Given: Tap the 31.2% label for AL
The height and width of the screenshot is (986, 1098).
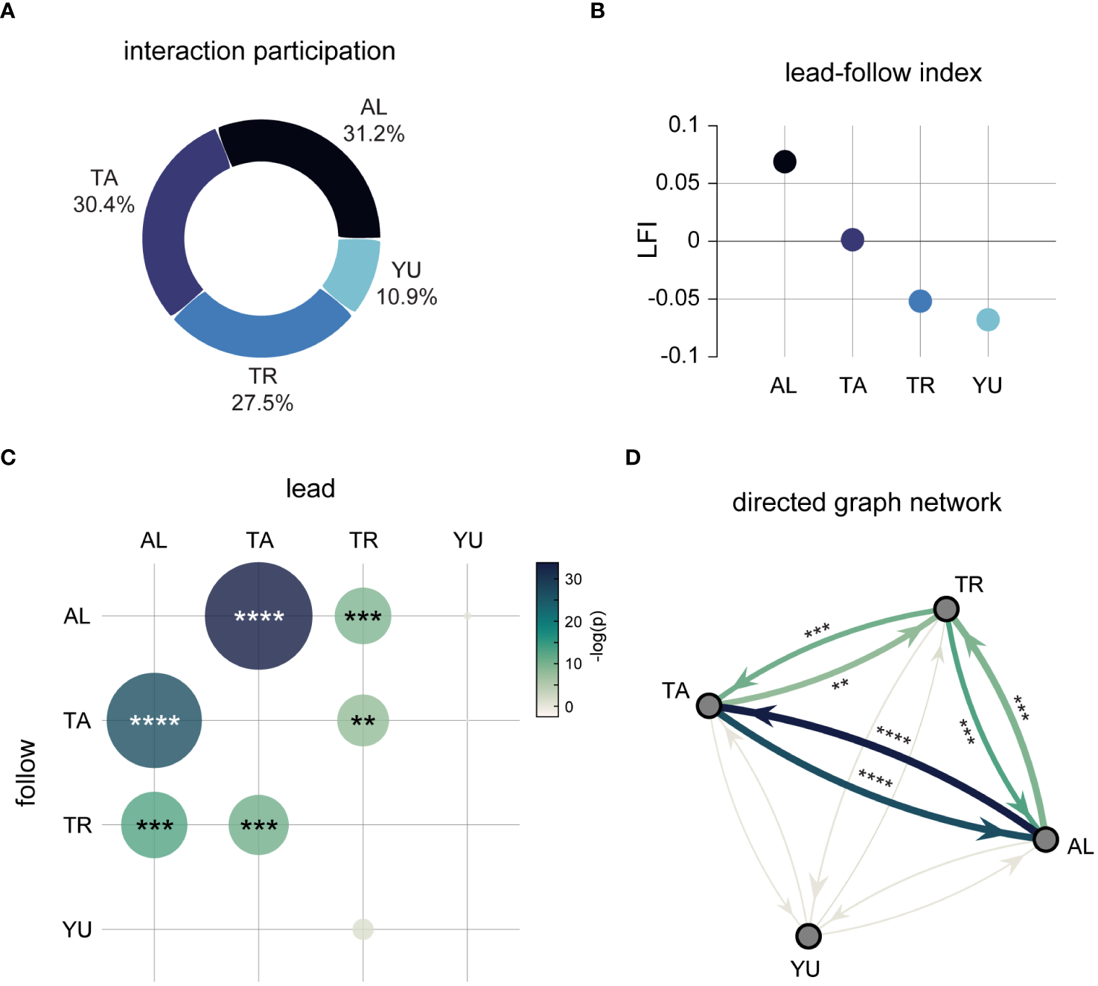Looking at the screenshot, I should point(374,134).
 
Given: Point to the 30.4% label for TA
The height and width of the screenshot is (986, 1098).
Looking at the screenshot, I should point(103,204).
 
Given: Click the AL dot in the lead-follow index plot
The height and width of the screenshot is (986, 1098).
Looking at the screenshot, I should point(785,162).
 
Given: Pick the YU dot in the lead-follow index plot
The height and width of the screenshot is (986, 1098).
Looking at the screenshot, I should point(988,320).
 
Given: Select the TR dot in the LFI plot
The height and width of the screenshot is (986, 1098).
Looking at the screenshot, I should point(920,302).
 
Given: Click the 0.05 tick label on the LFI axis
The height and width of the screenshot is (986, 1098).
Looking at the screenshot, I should point(677,182).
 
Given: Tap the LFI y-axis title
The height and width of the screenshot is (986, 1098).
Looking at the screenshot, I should point(648,240).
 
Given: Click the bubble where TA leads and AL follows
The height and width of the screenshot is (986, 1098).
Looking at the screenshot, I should point(258,616).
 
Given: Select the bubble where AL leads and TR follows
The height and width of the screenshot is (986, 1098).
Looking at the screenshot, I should point(154,825).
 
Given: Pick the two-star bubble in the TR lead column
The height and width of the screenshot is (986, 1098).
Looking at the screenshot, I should point(363,720).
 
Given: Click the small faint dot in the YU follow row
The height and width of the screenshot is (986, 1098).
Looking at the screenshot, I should point(363,929).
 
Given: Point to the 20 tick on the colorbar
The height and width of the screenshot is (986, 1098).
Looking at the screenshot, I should point(573,621).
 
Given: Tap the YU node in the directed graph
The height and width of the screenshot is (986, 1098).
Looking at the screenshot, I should point(808,936).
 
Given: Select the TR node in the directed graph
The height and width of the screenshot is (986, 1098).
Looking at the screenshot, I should point(946,609).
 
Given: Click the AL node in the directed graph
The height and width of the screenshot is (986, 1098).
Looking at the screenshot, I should point(1045,839).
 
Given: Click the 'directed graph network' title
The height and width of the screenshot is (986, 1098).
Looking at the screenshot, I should point(866,503).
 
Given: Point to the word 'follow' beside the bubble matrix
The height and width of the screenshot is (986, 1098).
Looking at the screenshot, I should point(26,772).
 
